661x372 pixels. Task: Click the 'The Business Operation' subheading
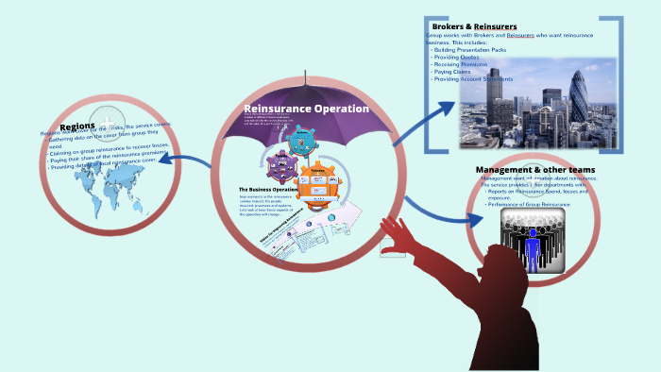tap(269, 190)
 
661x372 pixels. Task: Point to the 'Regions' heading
tap(77, 127)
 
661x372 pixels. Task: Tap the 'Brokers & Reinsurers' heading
tap(476, 25)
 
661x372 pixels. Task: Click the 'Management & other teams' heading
tap(535, 170)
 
